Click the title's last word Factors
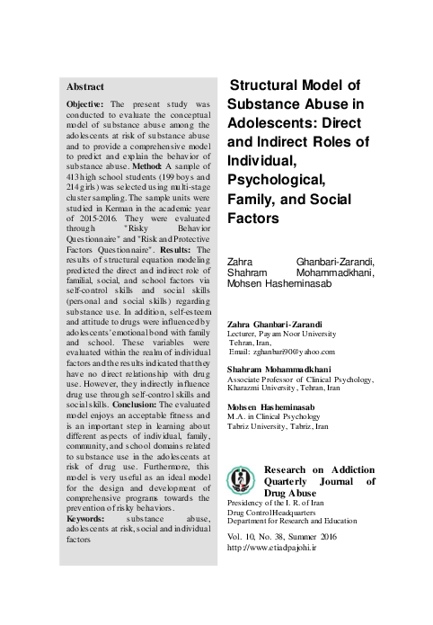click(x=257, y=218)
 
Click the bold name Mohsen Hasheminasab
click(x=273, y=406)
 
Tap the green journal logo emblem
click(x=242, y=478)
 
